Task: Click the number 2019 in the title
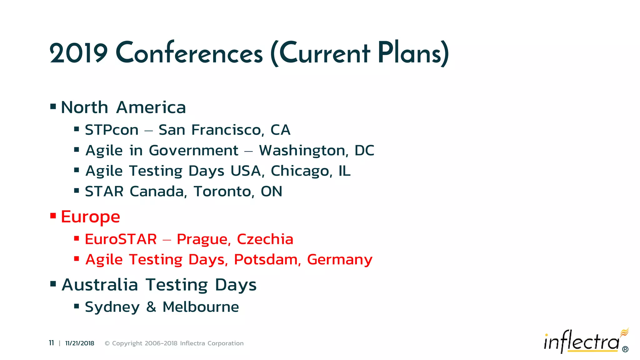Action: click(x=78, y=53)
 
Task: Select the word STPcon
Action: click(x=112, y=130)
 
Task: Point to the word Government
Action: click(x=193, y=151)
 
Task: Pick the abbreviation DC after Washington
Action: click(x=364, y=151)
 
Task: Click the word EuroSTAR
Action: click(x=121, y=239)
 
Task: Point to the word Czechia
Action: click(x=265, y=239)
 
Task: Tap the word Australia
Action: click(x=100, y=285)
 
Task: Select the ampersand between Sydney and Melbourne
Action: click(x=151, y=307)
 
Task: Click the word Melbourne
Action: click(x=201, y=307)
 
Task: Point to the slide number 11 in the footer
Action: click(x=51, y=343)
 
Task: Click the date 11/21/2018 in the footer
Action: click(x=80, y=343)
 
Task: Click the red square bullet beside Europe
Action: click(x=53, y=216)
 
